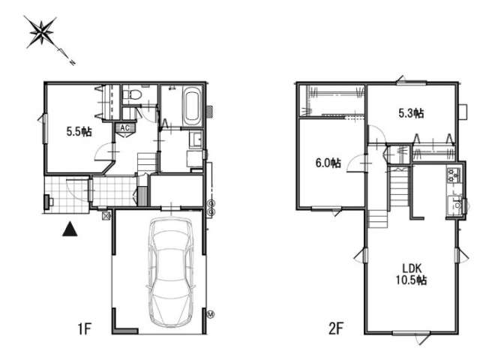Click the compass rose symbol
pyautogui.click(x=40, y=32)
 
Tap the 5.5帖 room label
pyautogui.click(x=79, y=132)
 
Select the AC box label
pyautogui.click(x=125, y=127)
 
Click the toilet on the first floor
pyautogui.click(x=133, y=94)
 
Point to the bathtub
pyautogui.click(x=192, y=106)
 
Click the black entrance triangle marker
pyautogui.click(x=70, y=229)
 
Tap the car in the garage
pyautogui.click(x=171, y=272)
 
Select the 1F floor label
pyautogui.click(x=85, y=329)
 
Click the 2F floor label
pyautogui.click(x=335, y=329)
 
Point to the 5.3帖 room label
pyautogui.click(x=411, y=113)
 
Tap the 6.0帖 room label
pyautogui.click(x=328, y=163)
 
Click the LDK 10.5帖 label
pyautogui.click(x=412, y=274)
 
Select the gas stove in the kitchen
pyautogui.click(x=453, y=175)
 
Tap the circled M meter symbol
pyautogui.click(x=211, y=313)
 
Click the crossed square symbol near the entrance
pyautogui.click(x=106, y=216)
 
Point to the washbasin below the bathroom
pyautogui.click(x=195, y=139)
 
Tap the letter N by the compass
pyautogui.click(x=73, y=63)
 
